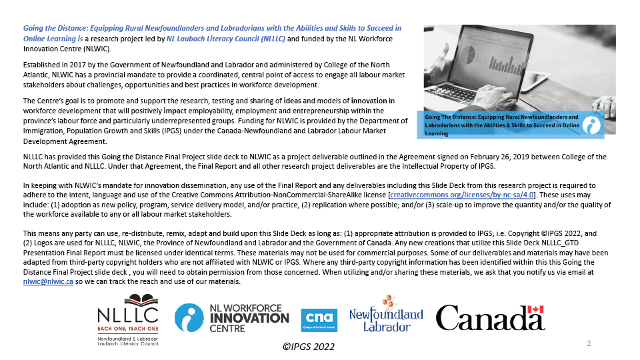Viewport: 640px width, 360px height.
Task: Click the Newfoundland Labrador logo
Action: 386,314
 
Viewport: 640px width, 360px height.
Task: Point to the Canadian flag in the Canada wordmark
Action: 535,309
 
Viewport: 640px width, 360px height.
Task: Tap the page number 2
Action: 589,343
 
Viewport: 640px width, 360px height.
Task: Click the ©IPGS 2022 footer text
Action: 307,347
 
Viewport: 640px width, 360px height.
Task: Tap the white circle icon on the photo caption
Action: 591,125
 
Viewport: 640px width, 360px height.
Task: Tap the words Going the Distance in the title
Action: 52,29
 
